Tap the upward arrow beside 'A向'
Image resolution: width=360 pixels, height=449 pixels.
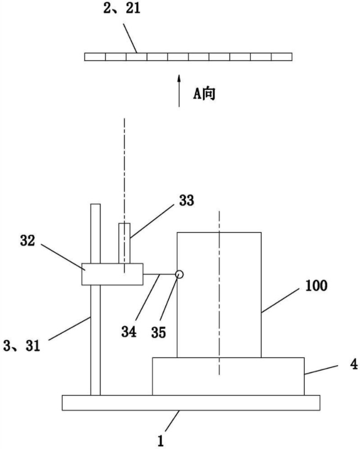pyautogui.click(x=179, y=91)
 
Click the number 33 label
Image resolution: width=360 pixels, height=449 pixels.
pyautogui.click(x=186, y=201)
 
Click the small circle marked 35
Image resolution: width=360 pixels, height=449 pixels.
pyautogui.click(x=179, y=274)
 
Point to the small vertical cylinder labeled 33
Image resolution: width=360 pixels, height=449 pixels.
pyautogui.click(x=125, y=242)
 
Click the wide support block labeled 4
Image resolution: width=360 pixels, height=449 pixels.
pyautogui.click(x=228, y=376)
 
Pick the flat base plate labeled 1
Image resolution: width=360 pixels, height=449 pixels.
pyautogui.click(x=191, y=402)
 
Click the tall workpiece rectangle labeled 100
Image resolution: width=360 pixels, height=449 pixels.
pyautogui.click(x=219, y=295)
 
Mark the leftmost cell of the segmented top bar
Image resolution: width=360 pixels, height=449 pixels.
pyautogui.click(x=95, y=56)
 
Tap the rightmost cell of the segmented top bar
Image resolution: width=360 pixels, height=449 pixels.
pyautogui.click(x=282, y=56)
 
